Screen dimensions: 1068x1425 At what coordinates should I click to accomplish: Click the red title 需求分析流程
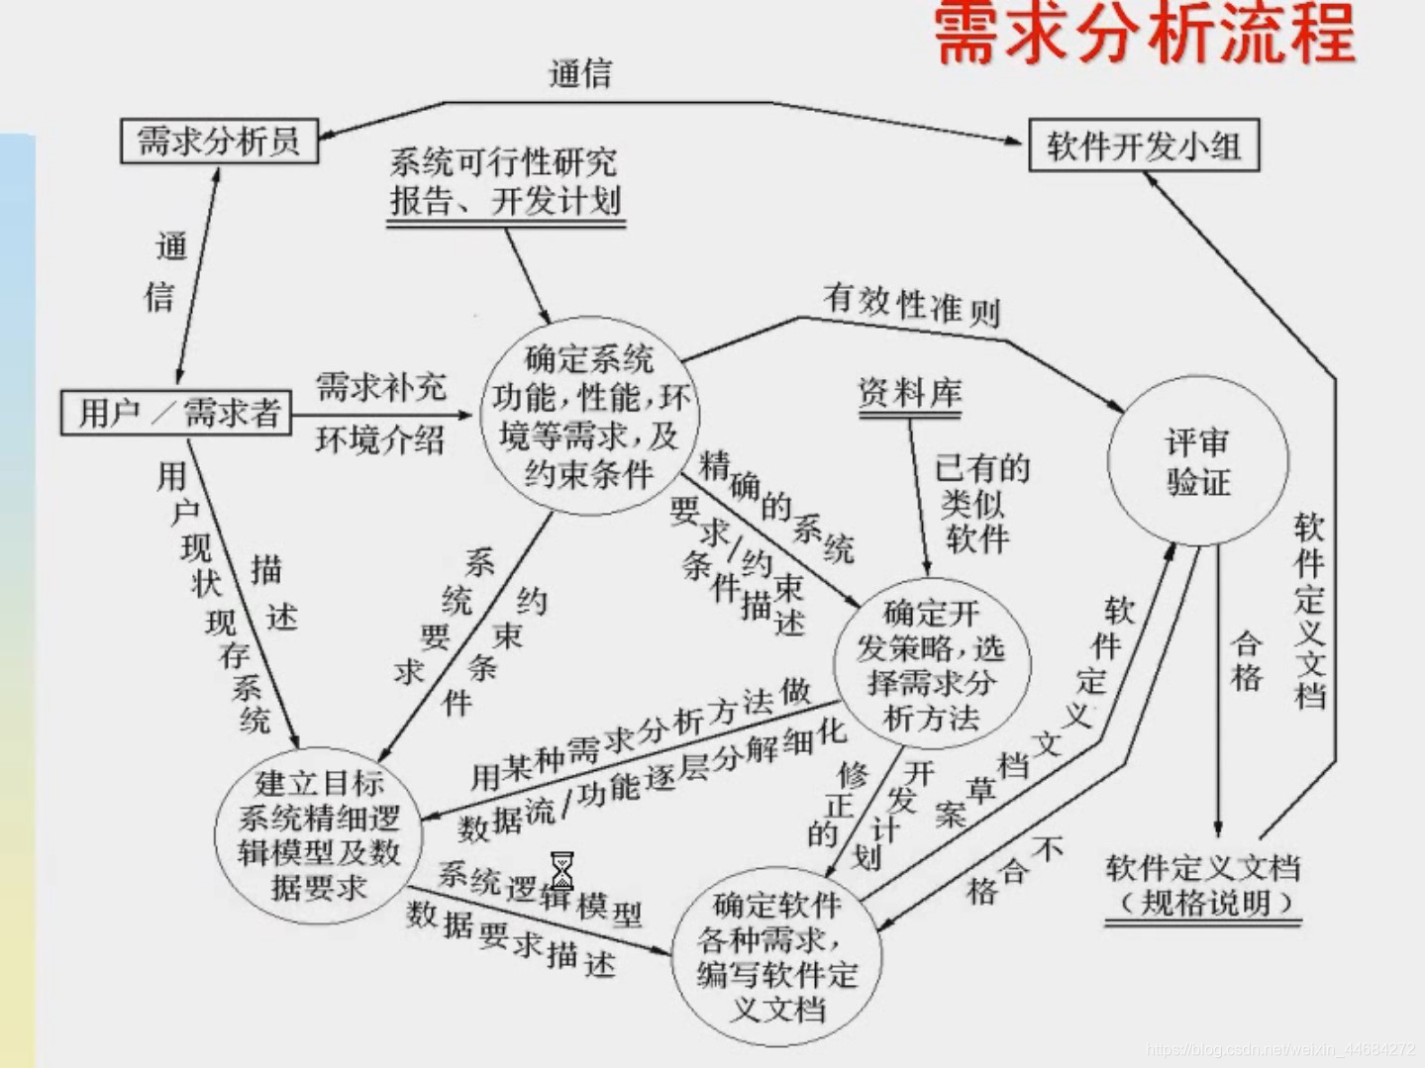1144,34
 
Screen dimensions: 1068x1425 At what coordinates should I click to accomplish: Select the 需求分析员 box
219,141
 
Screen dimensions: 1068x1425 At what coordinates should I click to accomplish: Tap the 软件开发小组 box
1144,146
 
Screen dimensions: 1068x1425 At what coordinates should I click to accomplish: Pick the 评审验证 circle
1197,461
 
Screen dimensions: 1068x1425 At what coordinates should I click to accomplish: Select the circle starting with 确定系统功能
590,417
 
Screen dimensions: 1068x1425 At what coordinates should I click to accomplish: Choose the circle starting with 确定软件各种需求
775,957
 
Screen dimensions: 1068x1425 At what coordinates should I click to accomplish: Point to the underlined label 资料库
909,394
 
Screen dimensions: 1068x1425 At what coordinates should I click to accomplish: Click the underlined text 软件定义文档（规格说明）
1202,886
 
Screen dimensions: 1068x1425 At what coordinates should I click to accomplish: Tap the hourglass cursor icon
561,871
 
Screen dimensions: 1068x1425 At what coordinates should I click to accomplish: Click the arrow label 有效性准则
911,305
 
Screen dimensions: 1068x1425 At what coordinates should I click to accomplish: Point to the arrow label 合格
1246,660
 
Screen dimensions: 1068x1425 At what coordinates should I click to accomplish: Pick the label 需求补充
380,387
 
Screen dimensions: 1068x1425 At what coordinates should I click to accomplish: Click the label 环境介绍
380,438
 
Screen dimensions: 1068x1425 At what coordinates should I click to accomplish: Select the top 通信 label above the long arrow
580,73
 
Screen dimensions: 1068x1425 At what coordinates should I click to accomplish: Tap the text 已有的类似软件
980,503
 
